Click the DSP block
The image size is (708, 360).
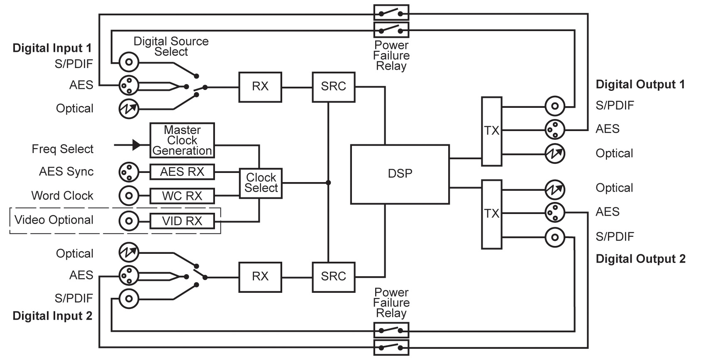[x=400, y=174]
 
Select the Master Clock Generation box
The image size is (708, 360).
[x=182, y=141]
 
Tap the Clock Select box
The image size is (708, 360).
[x=261, y=183]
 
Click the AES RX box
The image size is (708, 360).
[x=182, y=172]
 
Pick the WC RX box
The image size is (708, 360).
[x=182, y=196]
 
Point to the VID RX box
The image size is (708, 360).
[x=182, y=221]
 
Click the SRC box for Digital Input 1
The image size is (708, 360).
[x=333, y=87]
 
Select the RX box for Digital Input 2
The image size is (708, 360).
[x=260, y=277]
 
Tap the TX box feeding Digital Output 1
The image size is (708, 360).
[x=492, y=131]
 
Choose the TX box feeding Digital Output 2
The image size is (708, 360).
[x=492, y=214]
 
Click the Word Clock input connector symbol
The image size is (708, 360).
[x=129, y=195]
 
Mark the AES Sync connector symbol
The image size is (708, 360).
[x=129, y=172]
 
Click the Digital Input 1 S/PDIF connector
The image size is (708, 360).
[x=129, y=63]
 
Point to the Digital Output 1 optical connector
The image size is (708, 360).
[x=555, y=153]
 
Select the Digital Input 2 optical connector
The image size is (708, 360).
[x=129, y=252]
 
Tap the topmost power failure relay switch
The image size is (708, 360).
[x=391, y=12]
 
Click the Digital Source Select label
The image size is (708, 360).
[x=171, y=46]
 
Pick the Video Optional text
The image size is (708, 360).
[x=54, y=220]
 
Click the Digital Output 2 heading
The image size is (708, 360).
[x=640, y=259]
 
